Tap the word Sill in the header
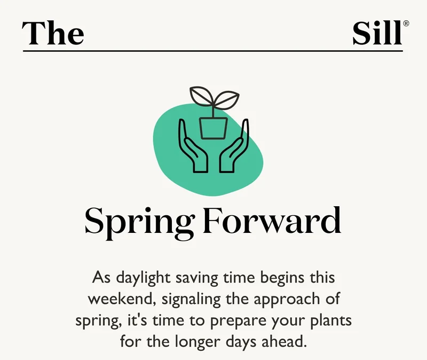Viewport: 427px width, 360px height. pos(377,33)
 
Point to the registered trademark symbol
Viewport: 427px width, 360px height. pos(407,24)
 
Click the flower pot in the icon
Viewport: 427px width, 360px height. pos(213,127)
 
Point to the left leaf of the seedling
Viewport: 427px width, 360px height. pos(201,97)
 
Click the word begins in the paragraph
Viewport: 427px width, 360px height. pos(282,279)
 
